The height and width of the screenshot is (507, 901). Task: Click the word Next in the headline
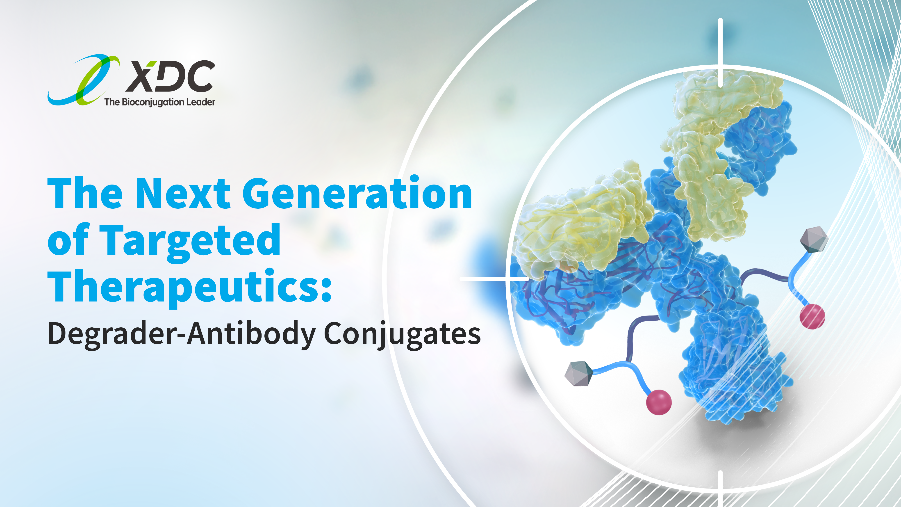[183, 194]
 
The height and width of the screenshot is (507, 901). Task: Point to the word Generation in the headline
[357, 192]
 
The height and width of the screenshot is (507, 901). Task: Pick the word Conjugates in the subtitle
[402, 334]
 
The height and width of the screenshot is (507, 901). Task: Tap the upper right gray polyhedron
[814, 240]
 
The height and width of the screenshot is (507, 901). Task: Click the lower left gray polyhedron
[579, 374]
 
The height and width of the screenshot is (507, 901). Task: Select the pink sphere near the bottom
[659, 402]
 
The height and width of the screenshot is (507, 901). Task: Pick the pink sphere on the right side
[812, 317]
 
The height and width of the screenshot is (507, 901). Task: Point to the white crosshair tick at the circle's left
[494, 279]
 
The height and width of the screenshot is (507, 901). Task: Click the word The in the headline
[85, 194]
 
